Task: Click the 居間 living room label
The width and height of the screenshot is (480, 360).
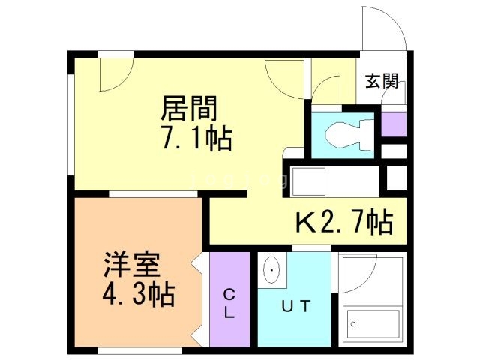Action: click(189, 108)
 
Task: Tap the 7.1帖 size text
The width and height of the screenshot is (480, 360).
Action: click(196, 139)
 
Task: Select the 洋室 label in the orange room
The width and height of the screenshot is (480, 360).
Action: click(132, 265)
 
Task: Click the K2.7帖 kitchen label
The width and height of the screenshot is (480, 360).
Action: click(344, 222)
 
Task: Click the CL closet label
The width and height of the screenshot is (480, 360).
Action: click(229, 304)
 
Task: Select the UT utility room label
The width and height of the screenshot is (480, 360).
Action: click(296, 306)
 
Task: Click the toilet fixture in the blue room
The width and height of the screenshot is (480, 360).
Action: click(349, 135)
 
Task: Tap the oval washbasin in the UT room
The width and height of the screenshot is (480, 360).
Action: click(271, 270)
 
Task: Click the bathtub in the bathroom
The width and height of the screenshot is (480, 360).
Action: click(373, 323)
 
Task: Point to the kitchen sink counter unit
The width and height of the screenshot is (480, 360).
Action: click(335, 181)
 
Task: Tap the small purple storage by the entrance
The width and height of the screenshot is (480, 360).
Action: click(394, 124)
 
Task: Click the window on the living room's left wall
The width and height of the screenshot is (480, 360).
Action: click(71, 124)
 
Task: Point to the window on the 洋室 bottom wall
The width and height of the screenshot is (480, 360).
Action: click(140, 350)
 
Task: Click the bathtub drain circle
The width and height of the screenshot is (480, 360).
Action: click(353, 324)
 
